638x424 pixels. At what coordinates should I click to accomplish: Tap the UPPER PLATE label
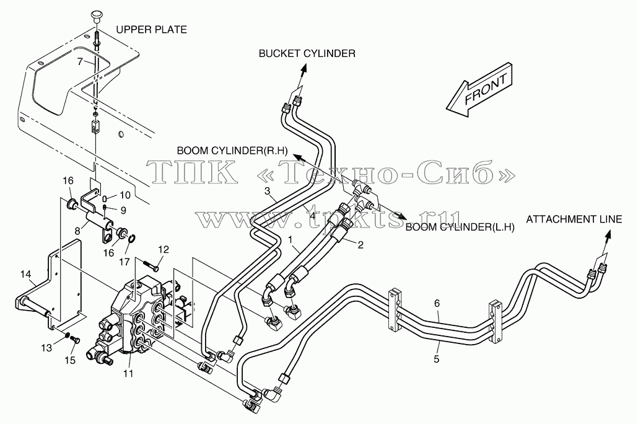(x=151, y=30)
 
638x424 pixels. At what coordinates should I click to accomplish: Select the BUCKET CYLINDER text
(x=307, y=53)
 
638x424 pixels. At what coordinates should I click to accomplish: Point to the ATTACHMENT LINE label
(x=574, y=219)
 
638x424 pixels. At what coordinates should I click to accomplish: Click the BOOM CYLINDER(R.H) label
(x=232, y=151)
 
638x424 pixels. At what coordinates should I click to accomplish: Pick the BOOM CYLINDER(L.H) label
(x=460, y=227)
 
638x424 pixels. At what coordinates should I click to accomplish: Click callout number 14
(x=25, y=275)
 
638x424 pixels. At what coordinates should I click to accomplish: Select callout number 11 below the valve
(x=129, y=373)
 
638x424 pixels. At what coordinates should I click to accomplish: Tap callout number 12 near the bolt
(x=163, y=249)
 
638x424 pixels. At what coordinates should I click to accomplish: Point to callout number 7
(x=80, y=61)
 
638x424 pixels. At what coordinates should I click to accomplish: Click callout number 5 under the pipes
(x=437, y=360)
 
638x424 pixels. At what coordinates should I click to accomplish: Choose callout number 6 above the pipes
(x=437, y=303)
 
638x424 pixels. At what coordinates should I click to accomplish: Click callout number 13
(x=47, y=348)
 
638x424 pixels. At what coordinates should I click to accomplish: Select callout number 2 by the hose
(x=360, y=245)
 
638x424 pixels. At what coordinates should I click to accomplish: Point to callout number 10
(x=125, y=195)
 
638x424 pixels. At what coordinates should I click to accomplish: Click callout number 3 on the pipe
(x=268, y=191)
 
